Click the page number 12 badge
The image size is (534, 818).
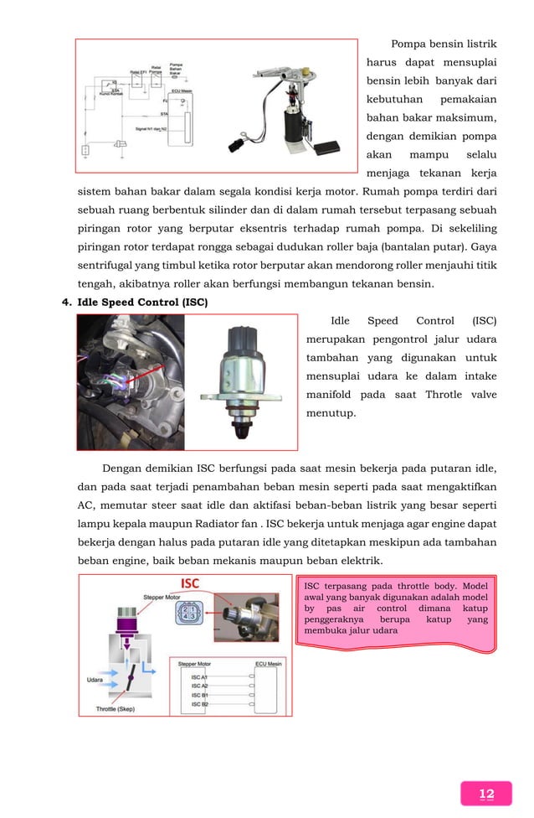tap(486, 794)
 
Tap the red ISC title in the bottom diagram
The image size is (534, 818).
tap(195, 583)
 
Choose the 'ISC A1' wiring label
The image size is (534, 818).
tap(199, 676)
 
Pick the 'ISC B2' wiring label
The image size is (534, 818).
tap(199, 704)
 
